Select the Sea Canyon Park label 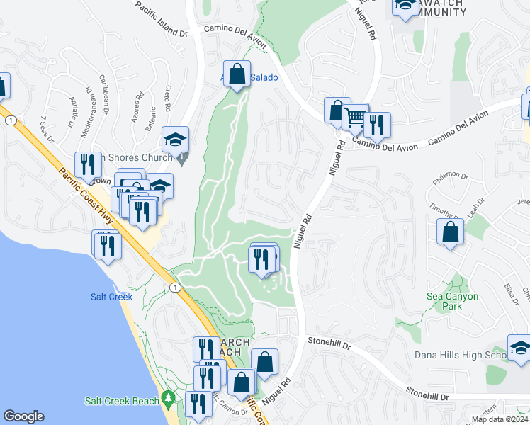point(453,301)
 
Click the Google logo point(23,416)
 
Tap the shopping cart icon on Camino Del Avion point(356,115)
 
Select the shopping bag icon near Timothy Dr point(450,232)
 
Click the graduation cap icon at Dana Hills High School point(519,348)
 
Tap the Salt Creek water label point(111,297)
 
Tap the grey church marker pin point(182,159)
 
